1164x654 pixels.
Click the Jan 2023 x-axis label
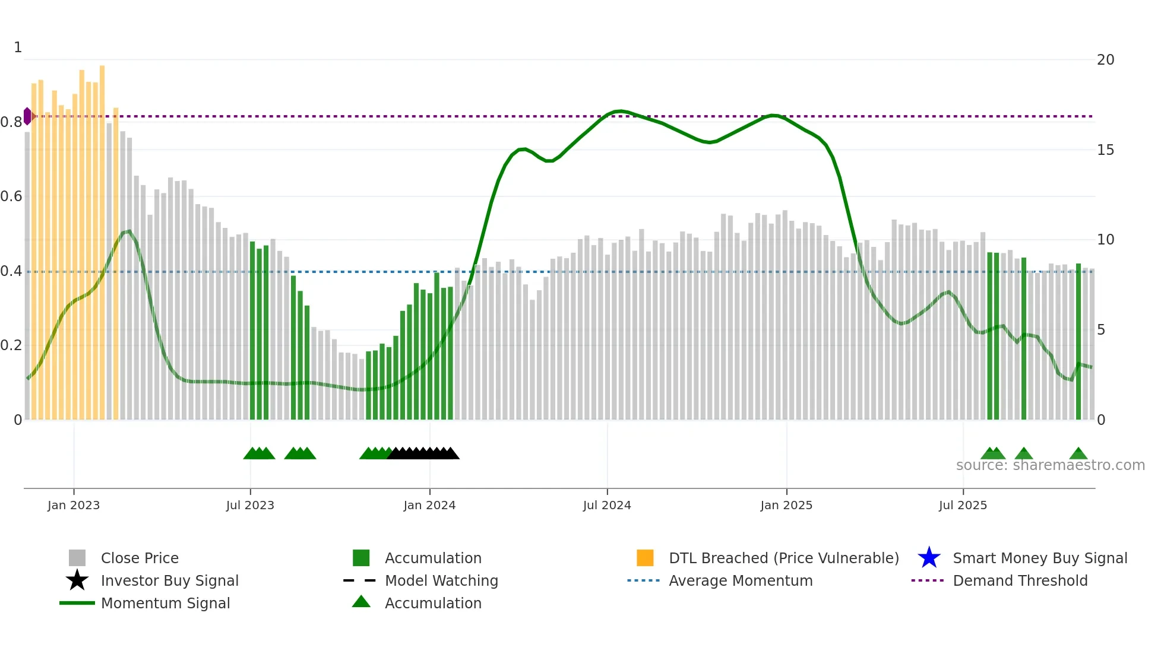tap(74, 505)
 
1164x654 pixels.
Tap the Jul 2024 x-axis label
tap(607, 505)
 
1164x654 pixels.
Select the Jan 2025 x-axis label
tap(786, 505)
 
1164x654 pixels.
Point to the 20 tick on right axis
tap(1105, 59)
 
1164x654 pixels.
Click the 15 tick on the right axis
tap(1105, 150)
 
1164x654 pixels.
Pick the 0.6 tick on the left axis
tap(11, 196)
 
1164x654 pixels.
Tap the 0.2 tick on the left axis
tap(11, 345)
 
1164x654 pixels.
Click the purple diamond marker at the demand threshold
tap(27, 116)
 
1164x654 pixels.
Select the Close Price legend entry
tap(140, 558)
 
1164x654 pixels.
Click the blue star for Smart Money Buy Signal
tap(929, 558)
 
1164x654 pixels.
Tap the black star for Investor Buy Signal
tap(77, 580)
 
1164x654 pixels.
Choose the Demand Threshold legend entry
tap(1020, 580)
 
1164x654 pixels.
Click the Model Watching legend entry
tap(441, 580)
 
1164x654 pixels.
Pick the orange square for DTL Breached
tap(645, 558)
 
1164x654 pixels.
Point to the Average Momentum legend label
tap(741, 580)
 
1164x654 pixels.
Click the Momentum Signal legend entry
tap(165, 603)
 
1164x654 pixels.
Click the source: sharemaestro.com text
tap(1050, 465)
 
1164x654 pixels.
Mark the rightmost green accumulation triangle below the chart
tap(1078, 454)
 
